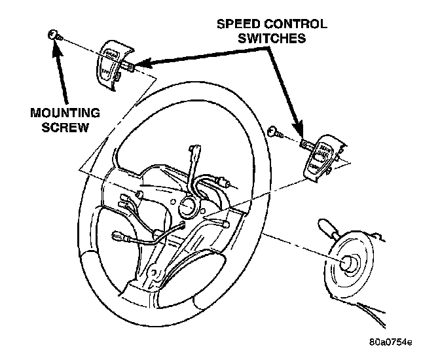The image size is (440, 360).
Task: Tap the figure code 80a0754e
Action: [390, 342]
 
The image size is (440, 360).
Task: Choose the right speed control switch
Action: [322, 156]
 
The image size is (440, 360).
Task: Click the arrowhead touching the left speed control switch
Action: [143, 64]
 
